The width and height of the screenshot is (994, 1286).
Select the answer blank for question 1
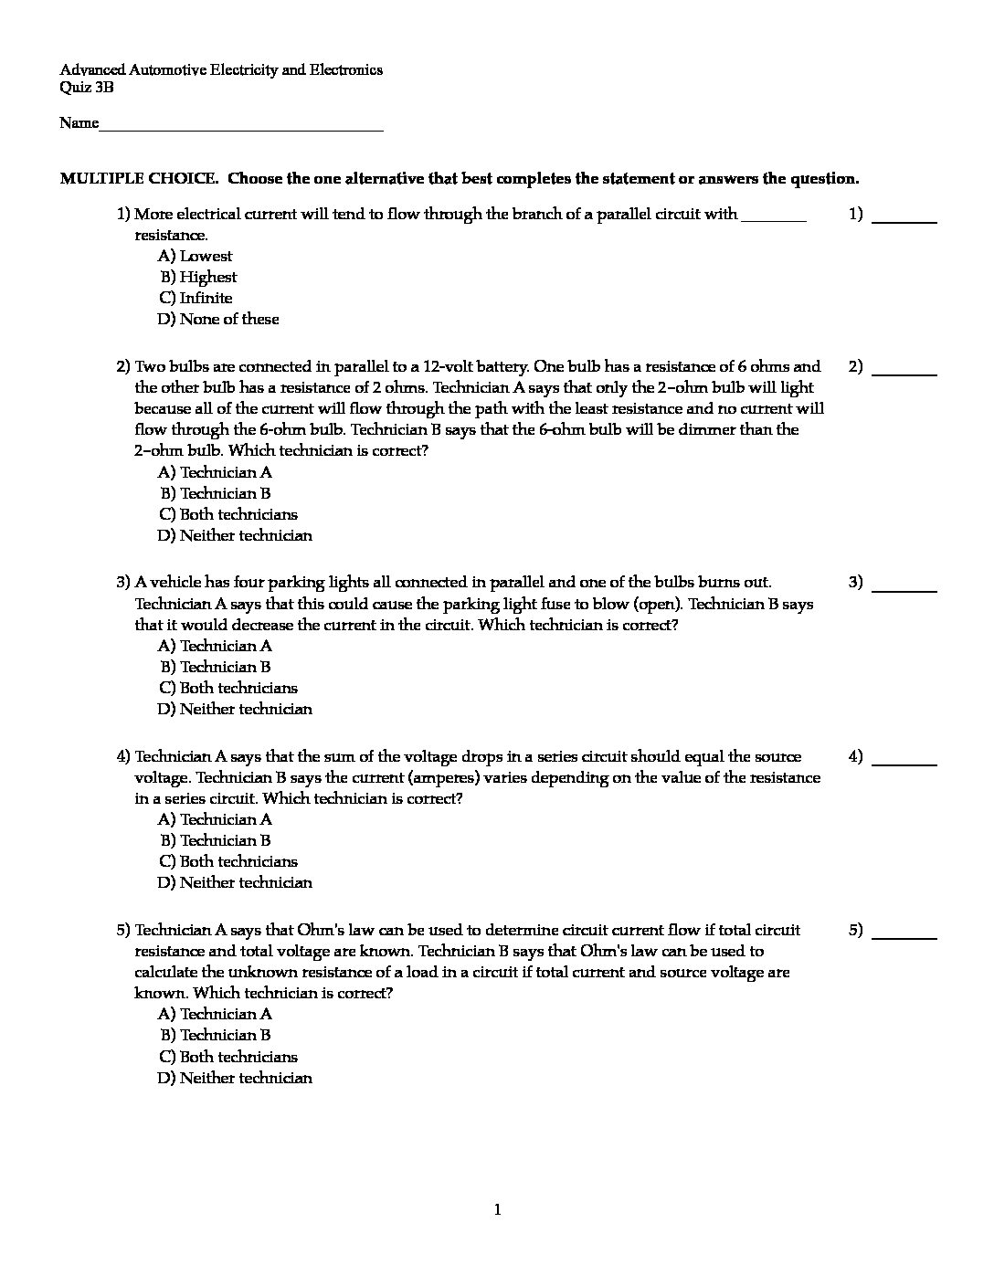pyautogui.click(x=904, y=221)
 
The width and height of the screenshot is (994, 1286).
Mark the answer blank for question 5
pyautogui.click(x=904, y=937)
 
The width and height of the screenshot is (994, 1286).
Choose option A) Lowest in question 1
pyautogui.click(x=196, y=257)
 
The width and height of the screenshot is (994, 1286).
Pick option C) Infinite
pyautogui.click(x=196, y=299)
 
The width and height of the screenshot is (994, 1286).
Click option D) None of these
pyautogui.click(x=218, y=320)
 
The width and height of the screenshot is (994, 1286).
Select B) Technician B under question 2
pyautogui.click(x=216, y=494)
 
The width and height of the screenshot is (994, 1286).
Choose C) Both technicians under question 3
pyautogui.click(x=228, y=689)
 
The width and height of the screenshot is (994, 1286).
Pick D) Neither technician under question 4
pyautogui.click(x=235, y=883)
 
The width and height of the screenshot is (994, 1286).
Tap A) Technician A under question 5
pyautogui.click(x=216, y=1015)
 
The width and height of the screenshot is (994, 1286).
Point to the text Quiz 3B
pyautogui.click(x=87, y=89)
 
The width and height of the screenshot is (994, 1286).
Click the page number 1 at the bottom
pyautogui.click(x=497, y=1211)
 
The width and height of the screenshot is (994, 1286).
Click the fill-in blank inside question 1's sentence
pyautogui.click(x=773, y=219)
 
